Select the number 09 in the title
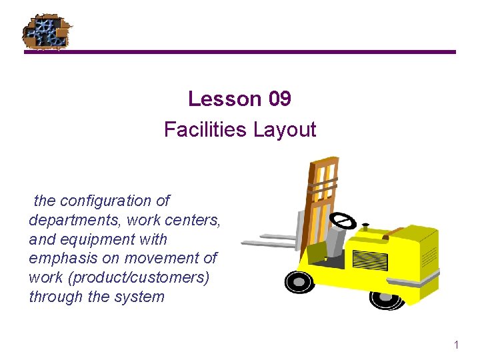click(x=279, y=99)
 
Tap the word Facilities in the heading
click(x=205, y=129)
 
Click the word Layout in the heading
click(x=284, y=129)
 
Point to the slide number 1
click(x=456, y=345)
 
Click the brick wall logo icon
click(x=47, y=31)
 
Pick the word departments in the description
click(x=70, y=220)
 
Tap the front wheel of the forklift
click(x=299, y=281)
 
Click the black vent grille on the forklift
click(x=369, y=260)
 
